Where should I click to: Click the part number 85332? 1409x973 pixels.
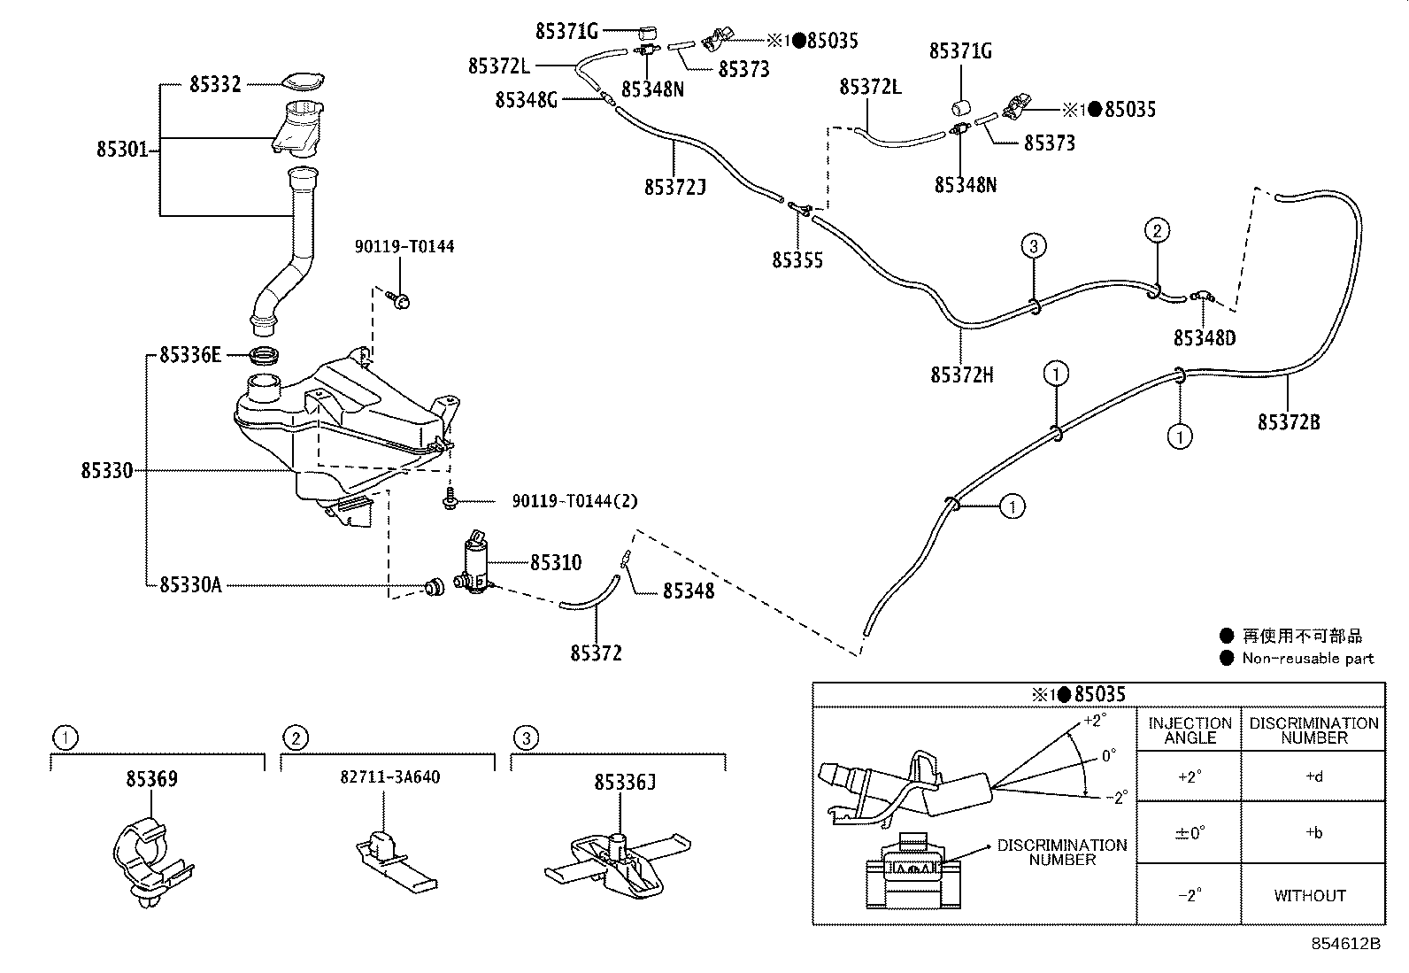[x=215, y=85]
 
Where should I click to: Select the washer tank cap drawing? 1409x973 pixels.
[x=303, y=82]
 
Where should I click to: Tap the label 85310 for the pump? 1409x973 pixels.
[x=556, y=563]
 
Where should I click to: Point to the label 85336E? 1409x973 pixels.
[x=189, y=356]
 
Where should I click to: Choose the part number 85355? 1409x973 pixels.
[x=797, y=260]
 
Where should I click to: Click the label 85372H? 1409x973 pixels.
[x=961, y=375]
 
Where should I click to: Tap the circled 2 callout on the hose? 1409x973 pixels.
[x=1157, y=231]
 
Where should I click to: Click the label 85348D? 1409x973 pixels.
[x=1205, y=338]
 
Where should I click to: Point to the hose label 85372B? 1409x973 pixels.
[x=1289, y=422]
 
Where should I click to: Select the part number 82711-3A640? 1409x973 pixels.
[x=389, y=777]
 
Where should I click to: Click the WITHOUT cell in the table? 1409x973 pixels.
[x=1310, y=896]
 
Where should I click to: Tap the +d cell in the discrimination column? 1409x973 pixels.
[x=1313, y=777]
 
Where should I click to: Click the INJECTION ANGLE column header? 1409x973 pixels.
[x=1190, y=730]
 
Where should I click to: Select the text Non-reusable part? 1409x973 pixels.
[x=1307, y=658]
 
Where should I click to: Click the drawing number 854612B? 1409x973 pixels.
[x=1345, y=944]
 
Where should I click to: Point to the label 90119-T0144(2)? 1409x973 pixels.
[x=574, y=502]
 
